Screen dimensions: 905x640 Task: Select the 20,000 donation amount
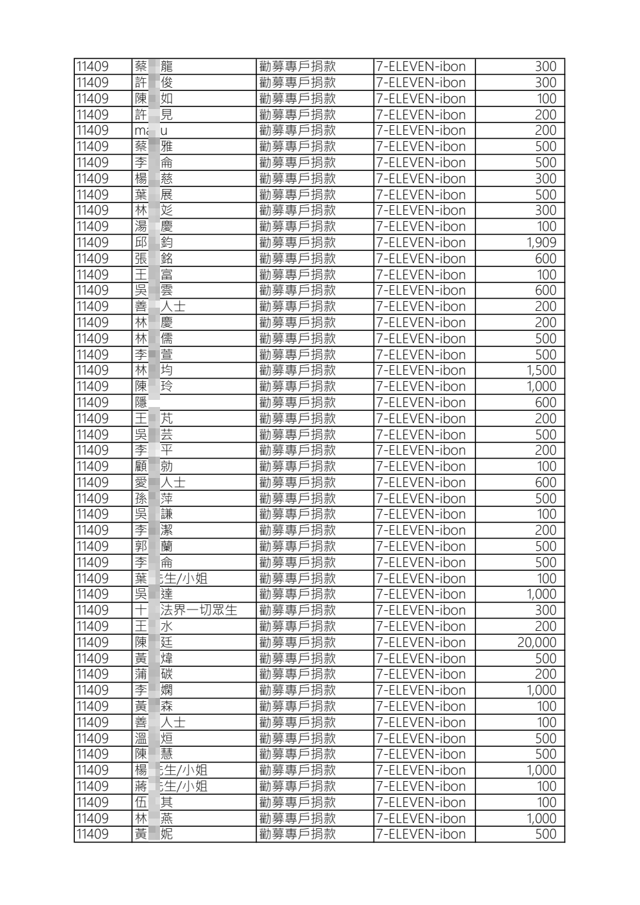click(537, 642)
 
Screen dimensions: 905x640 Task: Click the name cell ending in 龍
click(154, 66)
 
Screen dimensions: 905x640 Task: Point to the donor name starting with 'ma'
click(150, 130)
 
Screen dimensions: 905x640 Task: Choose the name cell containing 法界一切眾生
click(186, 610)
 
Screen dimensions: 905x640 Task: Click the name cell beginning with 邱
click(154, 243)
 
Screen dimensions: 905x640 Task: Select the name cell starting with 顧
click(154, 466)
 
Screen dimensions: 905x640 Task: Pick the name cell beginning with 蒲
click(154, 674)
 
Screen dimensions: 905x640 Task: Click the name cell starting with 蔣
click(171, 786)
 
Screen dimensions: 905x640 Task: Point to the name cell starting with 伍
click(154, 802)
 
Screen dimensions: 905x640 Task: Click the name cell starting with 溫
click(154, 739)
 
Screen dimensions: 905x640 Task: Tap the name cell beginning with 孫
click(154, 499)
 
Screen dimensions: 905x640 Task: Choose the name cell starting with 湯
click(154, 226)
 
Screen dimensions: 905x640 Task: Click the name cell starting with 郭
click(154, 546)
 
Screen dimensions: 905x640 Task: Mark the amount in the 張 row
click(545, 259)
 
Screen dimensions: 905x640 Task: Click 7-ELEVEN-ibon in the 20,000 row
click(421, 642)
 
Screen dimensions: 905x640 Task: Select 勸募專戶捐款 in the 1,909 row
click(297, 243)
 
